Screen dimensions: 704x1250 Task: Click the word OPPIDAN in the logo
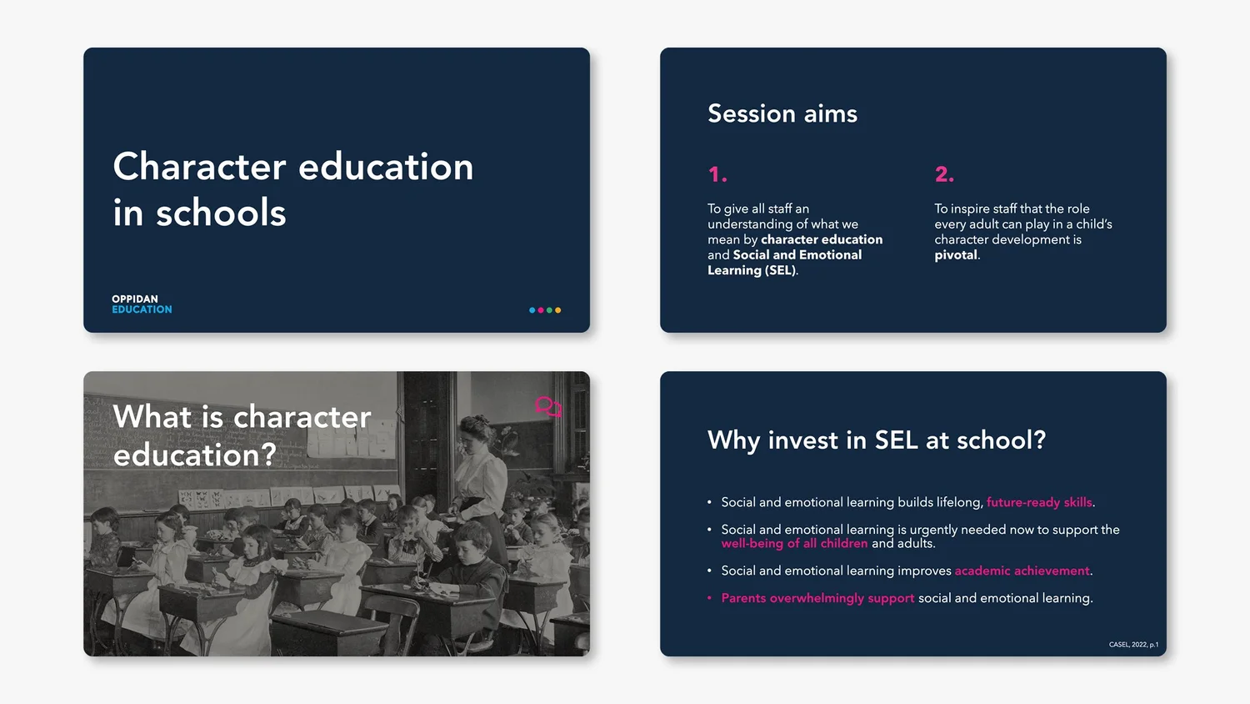135,299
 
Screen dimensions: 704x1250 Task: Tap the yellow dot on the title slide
558,310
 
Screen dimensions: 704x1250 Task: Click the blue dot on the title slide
532,310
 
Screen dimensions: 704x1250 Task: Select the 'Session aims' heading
782,113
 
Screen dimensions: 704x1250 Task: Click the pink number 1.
717,174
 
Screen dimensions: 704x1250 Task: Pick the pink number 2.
943,174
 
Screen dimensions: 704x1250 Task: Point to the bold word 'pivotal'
955,255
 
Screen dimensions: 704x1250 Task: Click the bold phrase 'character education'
821,239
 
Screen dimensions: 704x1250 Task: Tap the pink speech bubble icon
547,407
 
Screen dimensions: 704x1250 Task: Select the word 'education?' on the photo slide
194,455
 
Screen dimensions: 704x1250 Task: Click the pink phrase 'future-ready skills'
1038,502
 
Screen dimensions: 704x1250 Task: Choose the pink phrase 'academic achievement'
1022,571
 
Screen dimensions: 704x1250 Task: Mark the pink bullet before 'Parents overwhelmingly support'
709,598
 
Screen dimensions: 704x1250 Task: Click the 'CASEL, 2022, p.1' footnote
1133,645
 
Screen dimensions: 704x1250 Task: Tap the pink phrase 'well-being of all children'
794,544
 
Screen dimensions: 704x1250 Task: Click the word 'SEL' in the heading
896,440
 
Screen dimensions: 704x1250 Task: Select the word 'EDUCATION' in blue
142,309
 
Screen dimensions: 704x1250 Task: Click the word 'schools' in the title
221,214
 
